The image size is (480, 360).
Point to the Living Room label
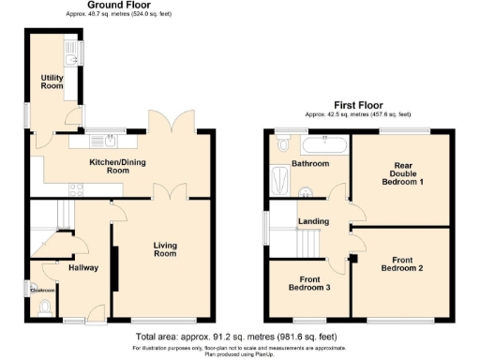[x=165, y=249]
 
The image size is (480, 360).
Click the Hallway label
[x=82, y=267]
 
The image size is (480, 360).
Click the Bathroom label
[x=309, y=164]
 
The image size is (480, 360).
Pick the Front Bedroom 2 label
[x=401, y=263]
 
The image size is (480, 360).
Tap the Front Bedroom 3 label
[x=308, y=284]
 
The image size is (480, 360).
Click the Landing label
[x=313, y=221]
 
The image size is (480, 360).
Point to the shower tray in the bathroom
[x=279, y=179]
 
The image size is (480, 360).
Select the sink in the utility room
[x=70, y=49]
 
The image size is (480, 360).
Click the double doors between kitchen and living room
[x=166, y=191]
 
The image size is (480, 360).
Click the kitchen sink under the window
[x=109, y=142]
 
